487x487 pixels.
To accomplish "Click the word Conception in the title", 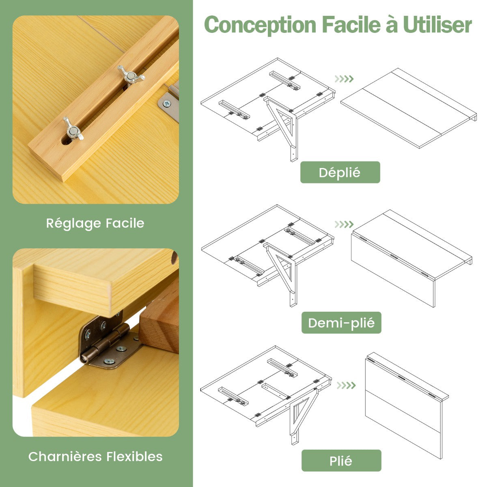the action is coord(260,25).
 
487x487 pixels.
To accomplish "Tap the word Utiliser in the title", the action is coord(437,24).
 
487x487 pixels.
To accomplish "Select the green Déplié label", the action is coord(340,172).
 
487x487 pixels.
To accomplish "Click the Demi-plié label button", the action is coord(341,323).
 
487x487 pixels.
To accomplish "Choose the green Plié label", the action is coord(341,461).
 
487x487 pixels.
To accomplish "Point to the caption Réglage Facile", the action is coord(95,223).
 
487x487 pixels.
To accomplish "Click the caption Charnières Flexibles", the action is coord(95,457).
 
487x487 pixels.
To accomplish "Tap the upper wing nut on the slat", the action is coord(131,75).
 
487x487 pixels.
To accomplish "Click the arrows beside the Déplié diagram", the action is coord(344,79).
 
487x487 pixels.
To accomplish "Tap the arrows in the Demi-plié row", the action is coord(344,224).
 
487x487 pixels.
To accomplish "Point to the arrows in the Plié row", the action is coord(346,386).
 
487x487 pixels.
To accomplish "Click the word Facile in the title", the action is coord(351,24).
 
